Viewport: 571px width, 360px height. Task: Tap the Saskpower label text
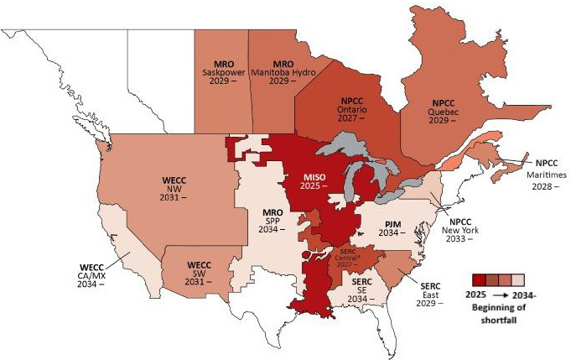pyautogui.click(x=222, y=74)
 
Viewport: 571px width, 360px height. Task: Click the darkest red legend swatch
pyautogui.click(x=478, y=280)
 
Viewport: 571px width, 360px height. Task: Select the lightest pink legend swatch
pyautogui.click(x=518, y=280)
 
